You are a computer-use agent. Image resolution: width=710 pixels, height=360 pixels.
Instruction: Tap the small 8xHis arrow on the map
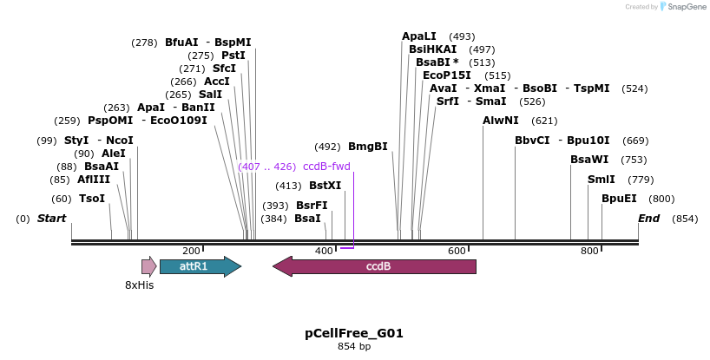tap(148, 266)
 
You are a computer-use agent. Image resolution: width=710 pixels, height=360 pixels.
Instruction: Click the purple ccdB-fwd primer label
tap(326, 167)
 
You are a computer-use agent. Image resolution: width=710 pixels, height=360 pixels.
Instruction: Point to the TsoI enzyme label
tap(91, 199)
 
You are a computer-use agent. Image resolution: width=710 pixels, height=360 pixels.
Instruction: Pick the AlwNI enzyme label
tap(501, 121)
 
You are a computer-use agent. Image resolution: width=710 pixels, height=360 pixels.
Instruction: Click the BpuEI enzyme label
tap(618, 199)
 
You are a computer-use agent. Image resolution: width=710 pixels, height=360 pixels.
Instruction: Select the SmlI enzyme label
tap(601, 180)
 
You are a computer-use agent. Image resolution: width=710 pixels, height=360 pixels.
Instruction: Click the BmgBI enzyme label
tap(367, 147)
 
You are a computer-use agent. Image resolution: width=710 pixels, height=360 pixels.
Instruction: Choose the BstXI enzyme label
tap(325, 186)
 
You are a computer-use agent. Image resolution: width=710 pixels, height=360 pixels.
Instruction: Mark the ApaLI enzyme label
tap(419, 36)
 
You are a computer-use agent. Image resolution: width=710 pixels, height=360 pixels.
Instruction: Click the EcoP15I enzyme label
tap(447, 75)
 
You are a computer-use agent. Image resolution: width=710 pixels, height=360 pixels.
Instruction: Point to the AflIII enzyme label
tap(94, 180)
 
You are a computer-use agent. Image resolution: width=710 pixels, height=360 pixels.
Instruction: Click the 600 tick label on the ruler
tap(457, 251)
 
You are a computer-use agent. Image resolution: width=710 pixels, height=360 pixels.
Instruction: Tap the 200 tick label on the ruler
tap(192, 251)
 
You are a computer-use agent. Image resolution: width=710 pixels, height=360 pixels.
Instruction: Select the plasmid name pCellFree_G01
tap(354, 333)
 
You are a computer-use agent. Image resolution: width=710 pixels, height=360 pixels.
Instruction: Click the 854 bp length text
tap(354, 347)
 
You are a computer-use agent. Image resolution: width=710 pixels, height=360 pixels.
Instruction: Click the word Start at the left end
tap(51, 219)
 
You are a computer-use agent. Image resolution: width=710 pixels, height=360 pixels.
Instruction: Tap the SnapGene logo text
tap(687, 7)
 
